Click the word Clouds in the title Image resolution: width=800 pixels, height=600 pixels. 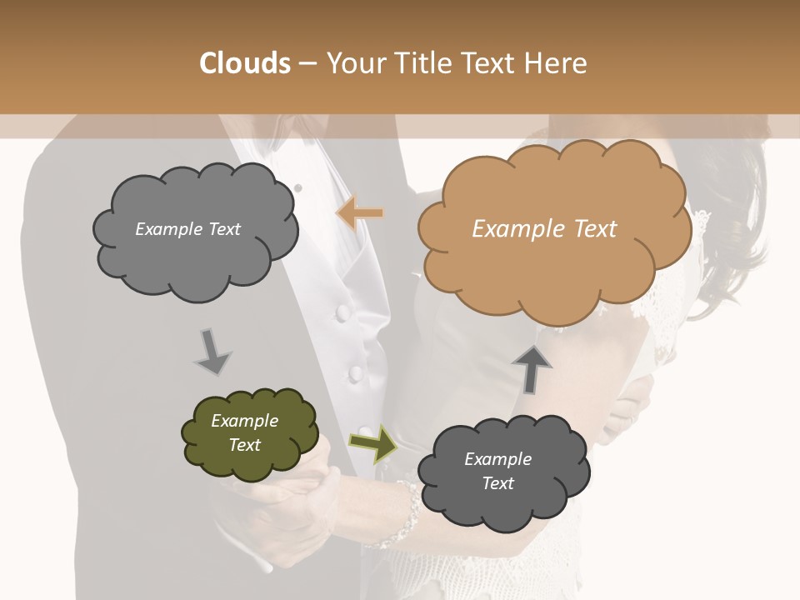[245, 63]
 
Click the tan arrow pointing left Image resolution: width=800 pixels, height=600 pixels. [360, 213]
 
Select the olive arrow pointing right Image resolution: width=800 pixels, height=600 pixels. [372, 442]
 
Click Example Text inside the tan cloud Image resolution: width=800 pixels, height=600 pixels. [544, 229]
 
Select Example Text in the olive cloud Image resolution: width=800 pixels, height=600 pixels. [244, 432]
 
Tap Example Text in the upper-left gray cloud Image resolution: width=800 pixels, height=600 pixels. [187, 229]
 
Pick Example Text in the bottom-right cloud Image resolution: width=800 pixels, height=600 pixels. [497, 471]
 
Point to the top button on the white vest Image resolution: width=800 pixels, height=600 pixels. [342, 312]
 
